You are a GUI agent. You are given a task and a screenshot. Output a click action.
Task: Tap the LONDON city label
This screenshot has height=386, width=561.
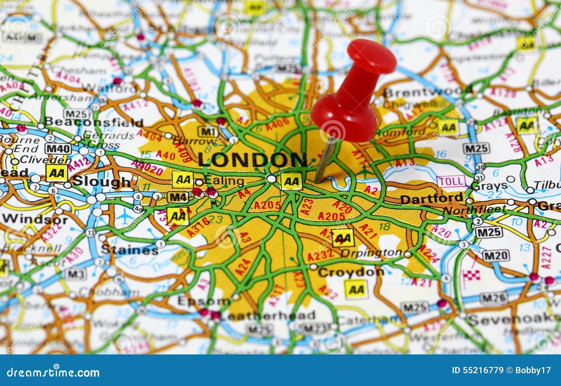tap(252, 160)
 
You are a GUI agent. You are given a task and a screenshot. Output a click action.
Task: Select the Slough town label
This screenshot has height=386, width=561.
tap(101, 181)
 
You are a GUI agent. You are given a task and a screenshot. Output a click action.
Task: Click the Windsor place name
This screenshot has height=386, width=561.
tap(35, 219)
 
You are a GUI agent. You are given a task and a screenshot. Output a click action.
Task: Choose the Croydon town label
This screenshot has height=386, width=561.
tap(351, 272)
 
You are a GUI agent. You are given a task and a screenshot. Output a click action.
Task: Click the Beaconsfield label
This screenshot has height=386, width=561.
tap(94, 122)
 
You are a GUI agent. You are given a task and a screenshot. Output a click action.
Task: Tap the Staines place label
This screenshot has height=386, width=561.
tap(129, 250)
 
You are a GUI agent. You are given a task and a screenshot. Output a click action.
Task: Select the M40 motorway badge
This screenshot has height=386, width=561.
tap(59, 149)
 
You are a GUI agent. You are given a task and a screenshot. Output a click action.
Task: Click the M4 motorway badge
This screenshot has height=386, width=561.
tap(178, 197)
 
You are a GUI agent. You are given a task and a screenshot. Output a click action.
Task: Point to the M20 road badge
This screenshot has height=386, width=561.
tap(495, 256)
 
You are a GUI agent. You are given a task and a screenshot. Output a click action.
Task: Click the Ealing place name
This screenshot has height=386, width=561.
tap(224, 181)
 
